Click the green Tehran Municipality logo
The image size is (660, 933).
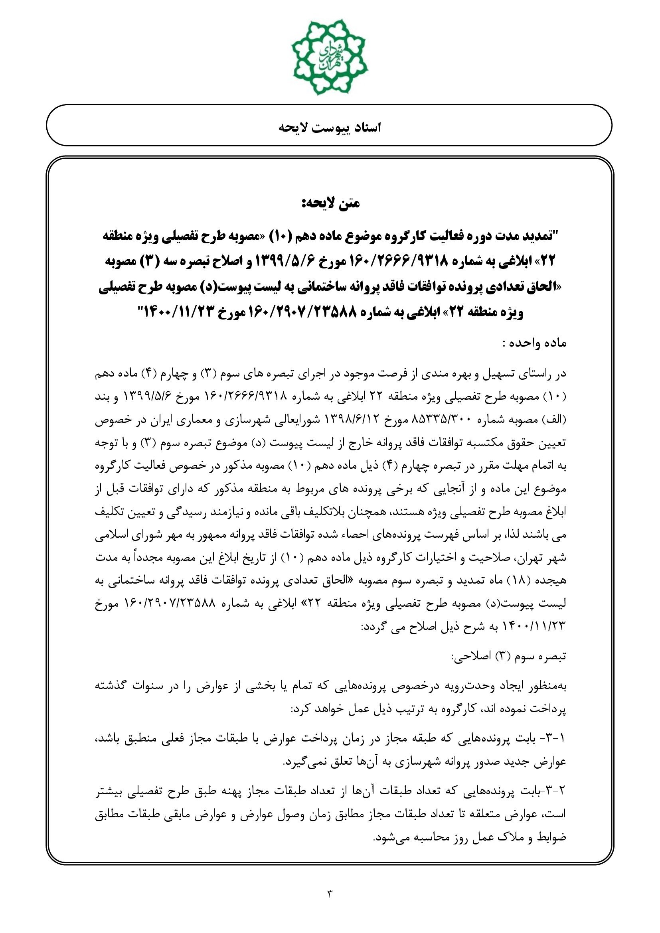[x=330, y=57]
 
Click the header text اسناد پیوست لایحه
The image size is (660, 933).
[x=330, y=128]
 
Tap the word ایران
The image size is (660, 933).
[x=148, y=420]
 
